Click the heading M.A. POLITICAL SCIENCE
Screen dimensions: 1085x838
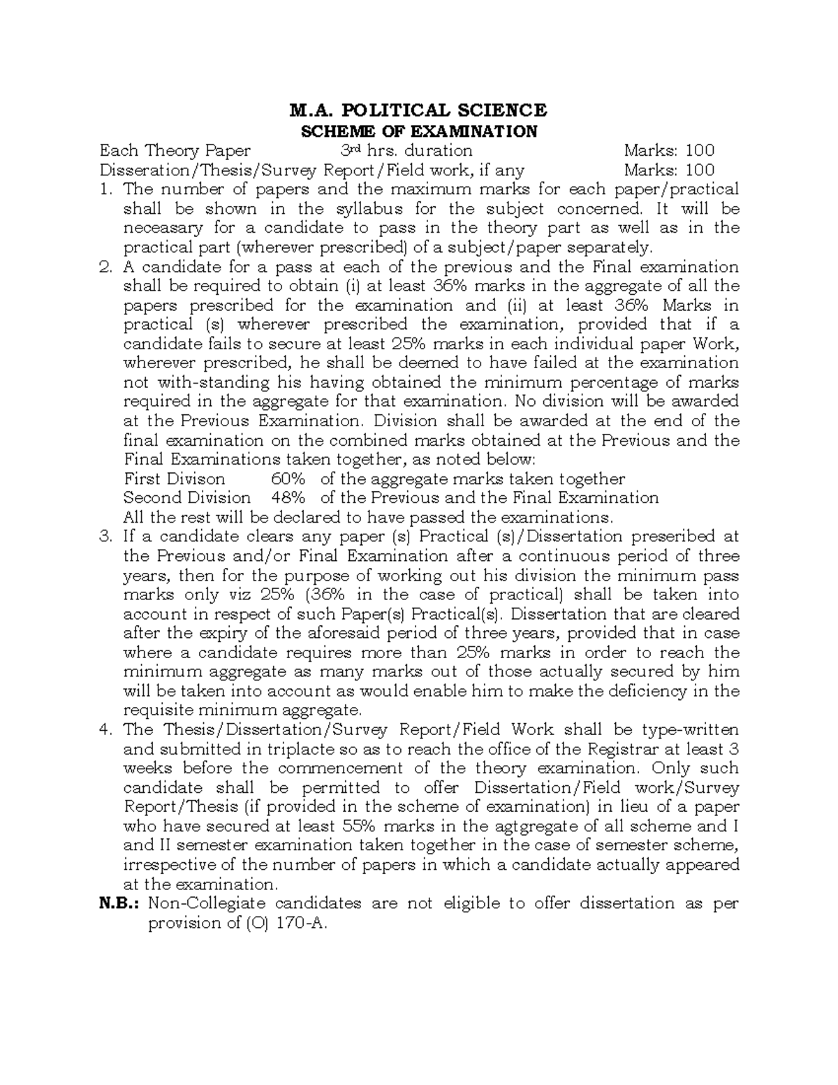pyautogui.click(x=419, y=110)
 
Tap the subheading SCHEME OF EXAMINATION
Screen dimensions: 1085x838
pyautogui.click(x=419, y=131)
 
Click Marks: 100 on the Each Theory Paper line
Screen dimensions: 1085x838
pyautogui.click(x=669, y=150)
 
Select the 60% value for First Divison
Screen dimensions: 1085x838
pyautogui.click(x=287, y=479)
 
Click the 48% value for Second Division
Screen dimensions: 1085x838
pyautogui.click(x=287, y=498)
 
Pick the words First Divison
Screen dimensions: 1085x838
pyautogui.click(x=175, y=479)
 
